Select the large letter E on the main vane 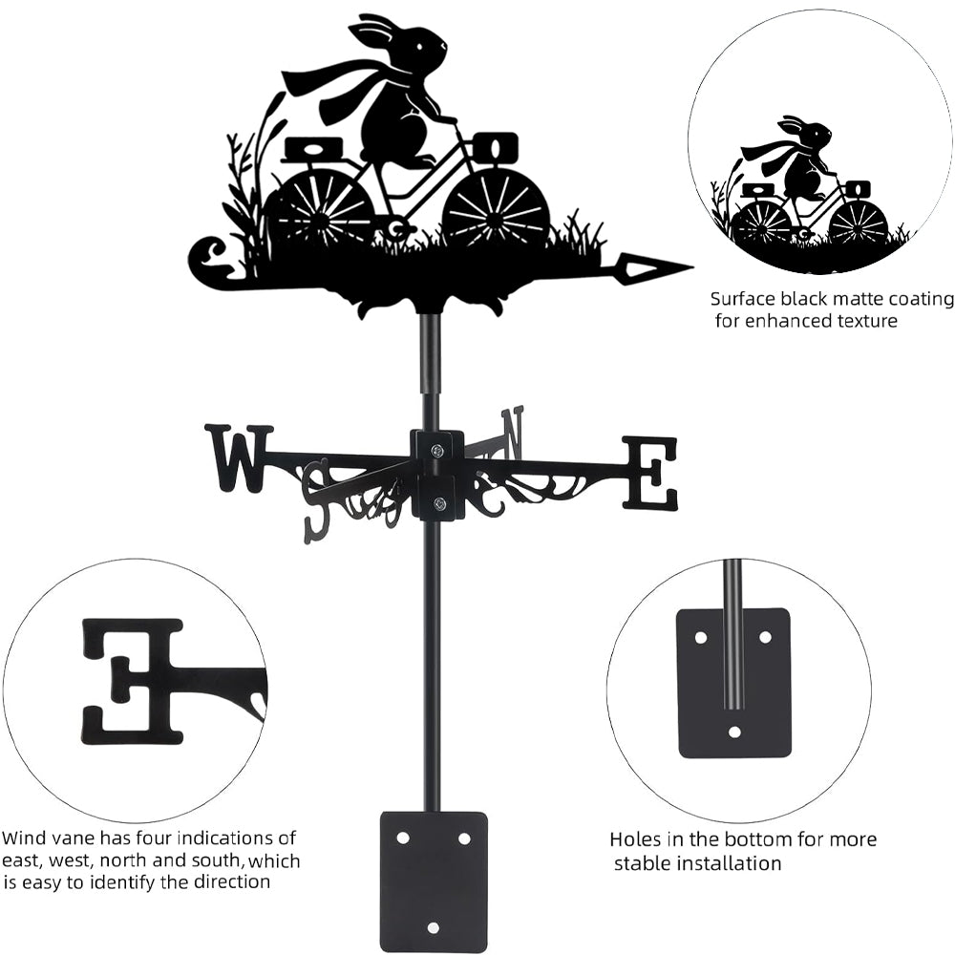pyautogui.click(x=649, y=472)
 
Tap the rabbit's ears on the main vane pyautogui.click(x=374, y=32)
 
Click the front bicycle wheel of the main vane pyautogui.click(x=496, y=207)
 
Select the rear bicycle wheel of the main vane pyautogui.click(x=320, y=207)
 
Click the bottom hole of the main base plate pyautogui.click(x=433, y=927)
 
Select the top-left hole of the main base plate pyautogui.click(x=402, y=838)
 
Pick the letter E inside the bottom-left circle pyautogui.click(x=134, y=680)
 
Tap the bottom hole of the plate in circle pyautogui.click(x=733, y=732)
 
